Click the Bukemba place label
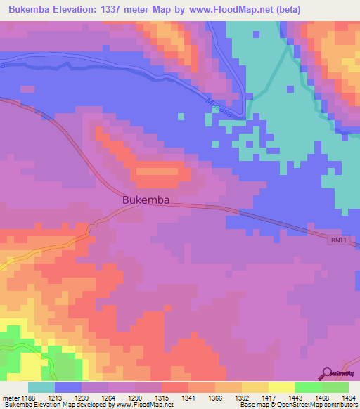146,200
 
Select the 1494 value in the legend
348,397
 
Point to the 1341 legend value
188,397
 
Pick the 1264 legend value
108,397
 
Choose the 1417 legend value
268,397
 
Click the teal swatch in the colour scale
41,387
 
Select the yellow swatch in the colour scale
282,387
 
